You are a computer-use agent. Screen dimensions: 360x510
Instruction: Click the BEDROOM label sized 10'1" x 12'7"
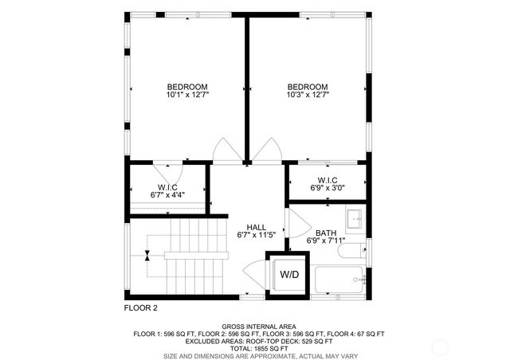[187, 88]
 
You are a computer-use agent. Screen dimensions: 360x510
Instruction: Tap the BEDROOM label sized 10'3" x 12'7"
[308, 88]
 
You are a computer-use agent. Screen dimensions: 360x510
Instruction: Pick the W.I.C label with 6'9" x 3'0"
[328, 180]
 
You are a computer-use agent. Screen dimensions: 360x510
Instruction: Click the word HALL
[255, 226]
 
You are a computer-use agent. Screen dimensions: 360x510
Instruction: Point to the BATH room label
[325, 232]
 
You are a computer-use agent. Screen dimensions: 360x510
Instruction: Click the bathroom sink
[355, 218]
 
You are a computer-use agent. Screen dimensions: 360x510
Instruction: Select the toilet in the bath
[351, 252]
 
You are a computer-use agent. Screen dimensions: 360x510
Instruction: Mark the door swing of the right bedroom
[269, 150]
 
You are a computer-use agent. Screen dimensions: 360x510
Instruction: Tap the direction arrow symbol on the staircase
[148, 256]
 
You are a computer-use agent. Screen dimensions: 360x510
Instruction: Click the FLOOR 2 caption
[141, 307]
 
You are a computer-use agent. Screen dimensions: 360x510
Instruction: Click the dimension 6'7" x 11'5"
[255, 235]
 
